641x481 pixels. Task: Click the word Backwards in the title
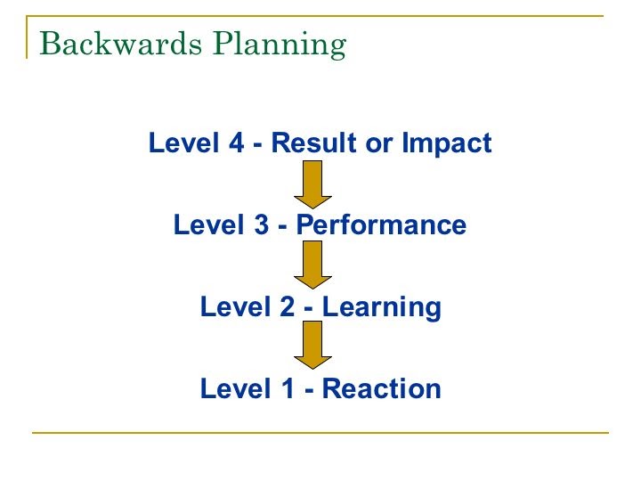pos(120,43)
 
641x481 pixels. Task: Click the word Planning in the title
pos(280,45)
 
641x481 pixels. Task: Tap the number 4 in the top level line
pos(236,143)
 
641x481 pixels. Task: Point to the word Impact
pos(446,143)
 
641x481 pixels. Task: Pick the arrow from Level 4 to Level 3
pos(312,184)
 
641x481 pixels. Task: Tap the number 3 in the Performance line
pos(262,224)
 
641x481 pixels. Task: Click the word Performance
pos(381,224)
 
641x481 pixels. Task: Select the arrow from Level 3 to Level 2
pos(312,265)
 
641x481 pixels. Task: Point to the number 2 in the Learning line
pos(288,306)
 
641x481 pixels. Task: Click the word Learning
pos(382,308)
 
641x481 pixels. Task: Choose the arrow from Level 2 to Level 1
pos(312,345)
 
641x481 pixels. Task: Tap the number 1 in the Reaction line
pos(288,388)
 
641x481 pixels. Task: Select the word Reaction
pos(382,388)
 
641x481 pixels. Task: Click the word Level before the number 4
pos(183,143)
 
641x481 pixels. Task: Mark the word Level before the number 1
pos(235,388)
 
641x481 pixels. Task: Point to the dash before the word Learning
pos(309,309)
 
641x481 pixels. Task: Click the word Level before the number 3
pos(209,224)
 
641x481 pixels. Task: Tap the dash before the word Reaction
pos(309,391)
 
